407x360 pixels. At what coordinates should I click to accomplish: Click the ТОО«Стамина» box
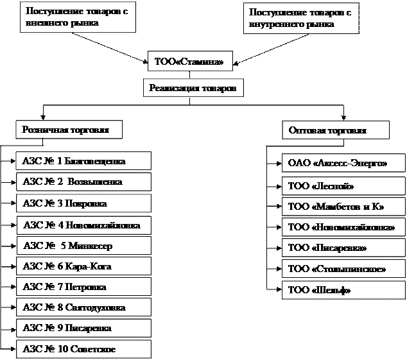[189, 62]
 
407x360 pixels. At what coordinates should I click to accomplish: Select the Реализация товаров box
[193, 87]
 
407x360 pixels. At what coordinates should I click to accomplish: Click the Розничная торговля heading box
[69, 130]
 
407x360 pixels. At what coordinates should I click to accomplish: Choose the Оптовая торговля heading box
[336, 130]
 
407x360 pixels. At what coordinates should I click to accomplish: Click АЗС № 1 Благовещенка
[83, 161]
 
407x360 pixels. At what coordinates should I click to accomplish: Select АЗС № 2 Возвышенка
[83, 182]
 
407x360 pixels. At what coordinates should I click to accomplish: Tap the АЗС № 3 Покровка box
[83, 203]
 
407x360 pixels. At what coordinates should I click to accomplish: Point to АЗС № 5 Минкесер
[83, 245]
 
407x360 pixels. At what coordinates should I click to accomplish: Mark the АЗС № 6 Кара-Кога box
[83, 266]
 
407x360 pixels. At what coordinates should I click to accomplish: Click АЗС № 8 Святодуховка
[83, 307]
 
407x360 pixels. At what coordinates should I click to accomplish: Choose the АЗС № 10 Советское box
[83, 349]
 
